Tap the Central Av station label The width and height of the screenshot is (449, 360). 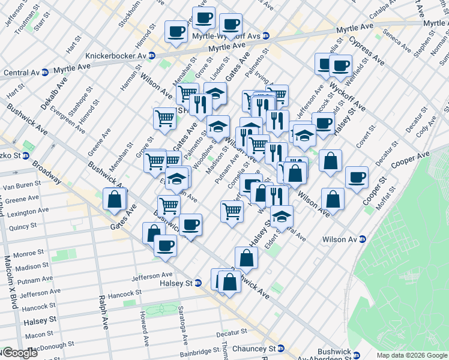22,73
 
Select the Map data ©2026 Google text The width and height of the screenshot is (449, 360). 412,355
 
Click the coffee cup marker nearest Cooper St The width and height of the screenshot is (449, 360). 357,177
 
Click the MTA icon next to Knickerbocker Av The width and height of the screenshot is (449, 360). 152,55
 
